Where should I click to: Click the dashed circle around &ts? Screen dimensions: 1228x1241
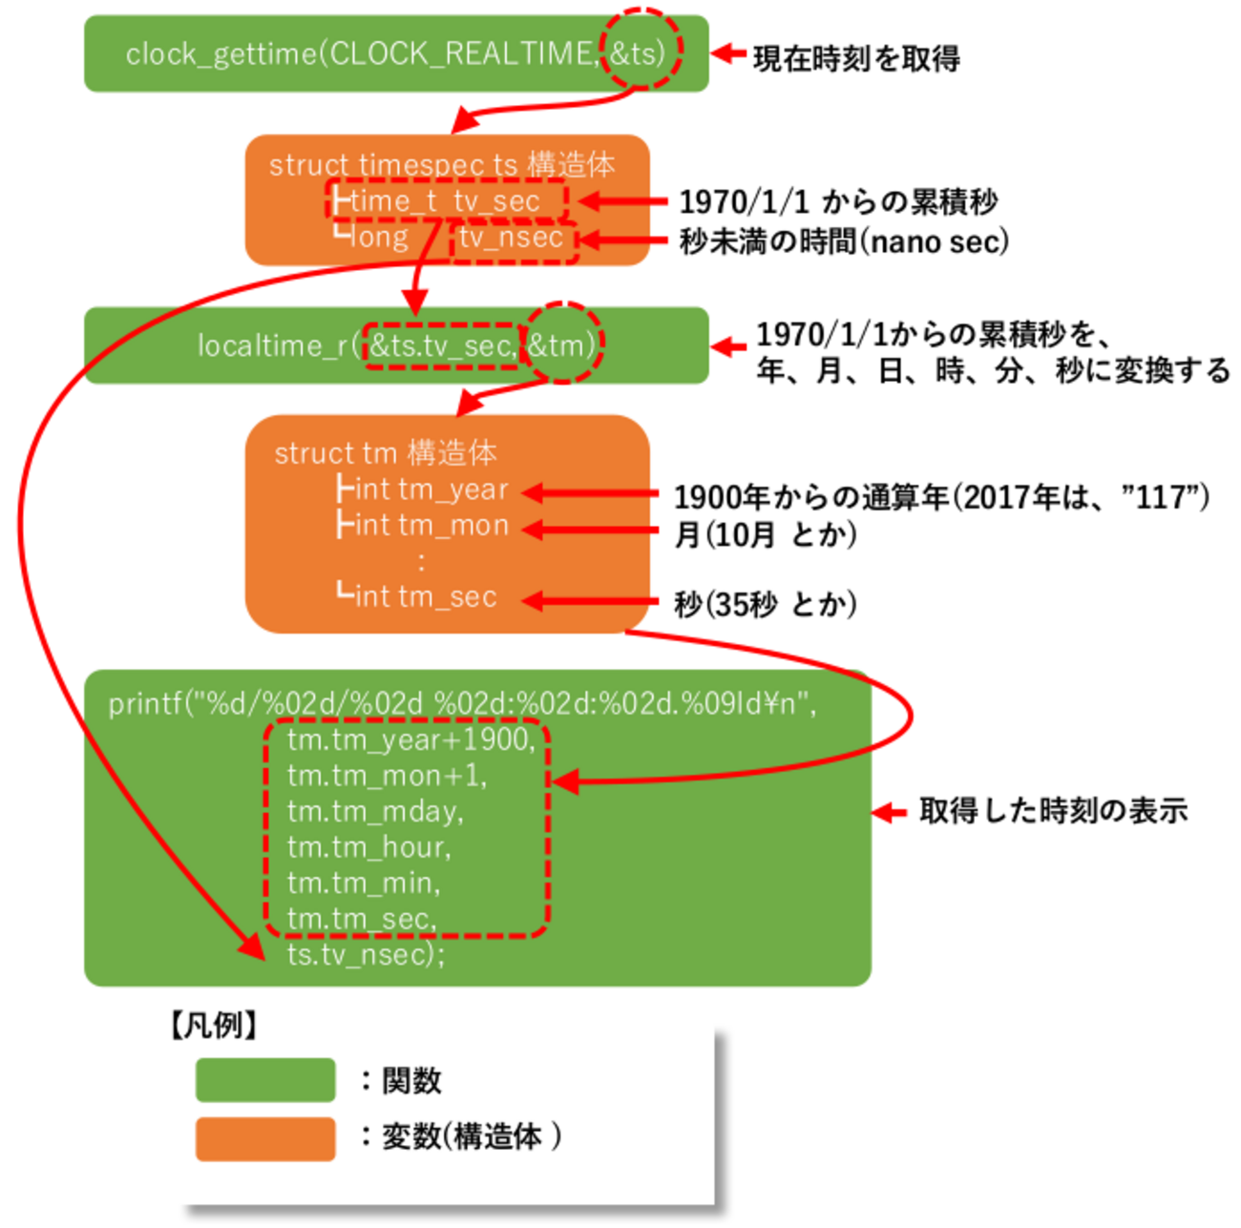coord(640,51)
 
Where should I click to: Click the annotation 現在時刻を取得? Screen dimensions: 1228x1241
coord(855,58)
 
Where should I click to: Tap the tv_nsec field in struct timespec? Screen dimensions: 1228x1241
coord(513,238)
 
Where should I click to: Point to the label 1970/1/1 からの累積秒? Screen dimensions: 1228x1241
coord(838,202)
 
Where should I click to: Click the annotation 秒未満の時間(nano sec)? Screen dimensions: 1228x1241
coord(844,241)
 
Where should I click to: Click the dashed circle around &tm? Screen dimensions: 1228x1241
coord(563,343)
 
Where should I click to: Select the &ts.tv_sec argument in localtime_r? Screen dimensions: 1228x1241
coord(441,344)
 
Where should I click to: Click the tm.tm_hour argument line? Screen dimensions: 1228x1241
coord(368,847)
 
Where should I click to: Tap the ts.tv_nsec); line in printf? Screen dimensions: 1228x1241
coord(366,954)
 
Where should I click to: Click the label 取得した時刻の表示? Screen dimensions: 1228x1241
coord(1053,811)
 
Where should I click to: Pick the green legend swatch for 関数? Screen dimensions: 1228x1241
coord(265,1080)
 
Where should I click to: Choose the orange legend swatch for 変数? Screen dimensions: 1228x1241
coord(265,1138)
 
